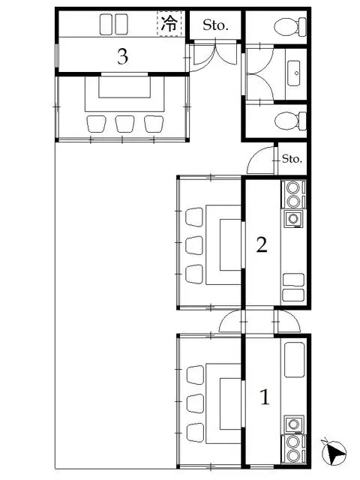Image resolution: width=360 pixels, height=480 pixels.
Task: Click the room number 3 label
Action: (122, 56)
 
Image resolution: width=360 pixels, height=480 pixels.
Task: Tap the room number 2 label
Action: (262, 244)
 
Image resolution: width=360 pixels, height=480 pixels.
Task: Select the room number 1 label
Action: (265, 397)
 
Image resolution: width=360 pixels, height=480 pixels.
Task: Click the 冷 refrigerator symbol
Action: (169, 23)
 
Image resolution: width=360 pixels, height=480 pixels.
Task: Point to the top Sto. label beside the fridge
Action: (215, 25)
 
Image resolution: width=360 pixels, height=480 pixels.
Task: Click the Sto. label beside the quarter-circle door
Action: (292, 158)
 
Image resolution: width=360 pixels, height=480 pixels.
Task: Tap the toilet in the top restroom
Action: (290, 27)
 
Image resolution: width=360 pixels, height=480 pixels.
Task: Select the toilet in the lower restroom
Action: (290, 121)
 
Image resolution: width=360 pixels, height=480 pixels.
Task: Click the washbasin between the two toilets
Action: (293, 73)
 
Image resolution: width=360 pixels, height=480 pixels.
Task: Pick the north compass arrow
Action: (334, 453)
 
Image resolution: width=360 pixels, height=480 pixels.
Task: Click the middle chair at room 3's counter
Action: (124, 124)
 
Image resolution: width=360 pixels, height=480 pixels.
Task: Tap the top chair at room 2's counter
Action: (194, 217)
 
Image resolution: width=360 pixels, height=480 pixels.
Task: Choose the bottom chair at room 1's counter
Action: (195, 433)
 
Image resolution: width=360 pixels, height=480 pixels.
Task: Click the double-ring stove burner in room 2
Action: (293, 194)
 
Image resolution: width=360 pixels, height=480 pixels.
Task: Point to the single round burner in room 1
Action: (294, 424)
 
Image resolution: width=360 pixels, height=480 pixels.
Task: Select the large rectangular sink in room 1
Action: (295, 360)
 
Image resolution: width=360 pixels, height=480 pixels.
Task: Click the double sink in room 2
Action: (293, 287)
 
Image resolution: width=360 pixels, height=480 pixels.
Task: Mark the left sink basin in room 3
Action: (106, 24)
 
